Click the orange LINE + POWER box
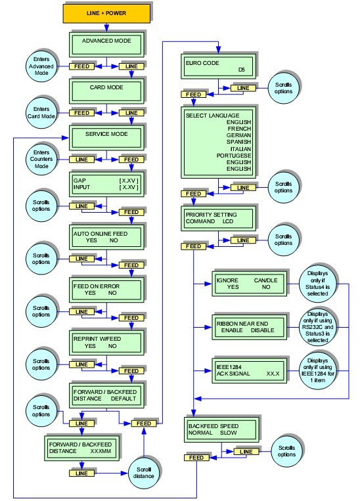(106, 13)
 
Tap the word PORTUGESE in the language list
(235, 155)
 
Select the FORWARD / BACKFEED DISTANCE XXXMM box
(79, 448)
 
